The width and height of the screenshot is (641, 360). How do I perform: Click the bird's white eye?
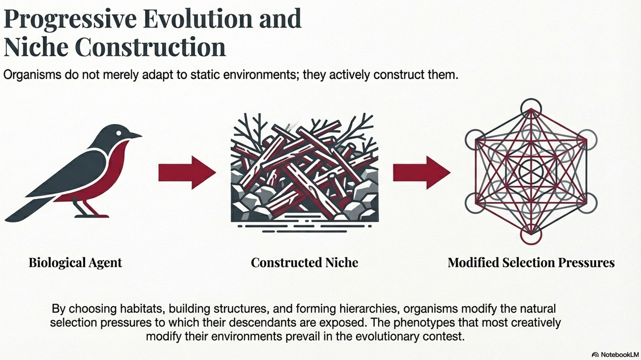(118, 132)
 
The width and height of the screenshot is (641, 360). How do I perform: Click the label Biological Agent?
(75, 263)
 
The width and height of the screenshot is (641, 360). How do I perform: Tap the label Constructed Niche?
(304, 263)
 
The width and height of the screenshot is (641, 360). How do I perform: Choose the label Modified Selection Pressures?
(531, 263)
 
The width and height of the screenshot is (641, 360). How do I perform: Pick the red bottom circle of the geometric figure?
(531, 235)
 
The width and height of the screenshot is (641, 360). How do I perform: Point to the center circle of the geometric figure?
(531, 171)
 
